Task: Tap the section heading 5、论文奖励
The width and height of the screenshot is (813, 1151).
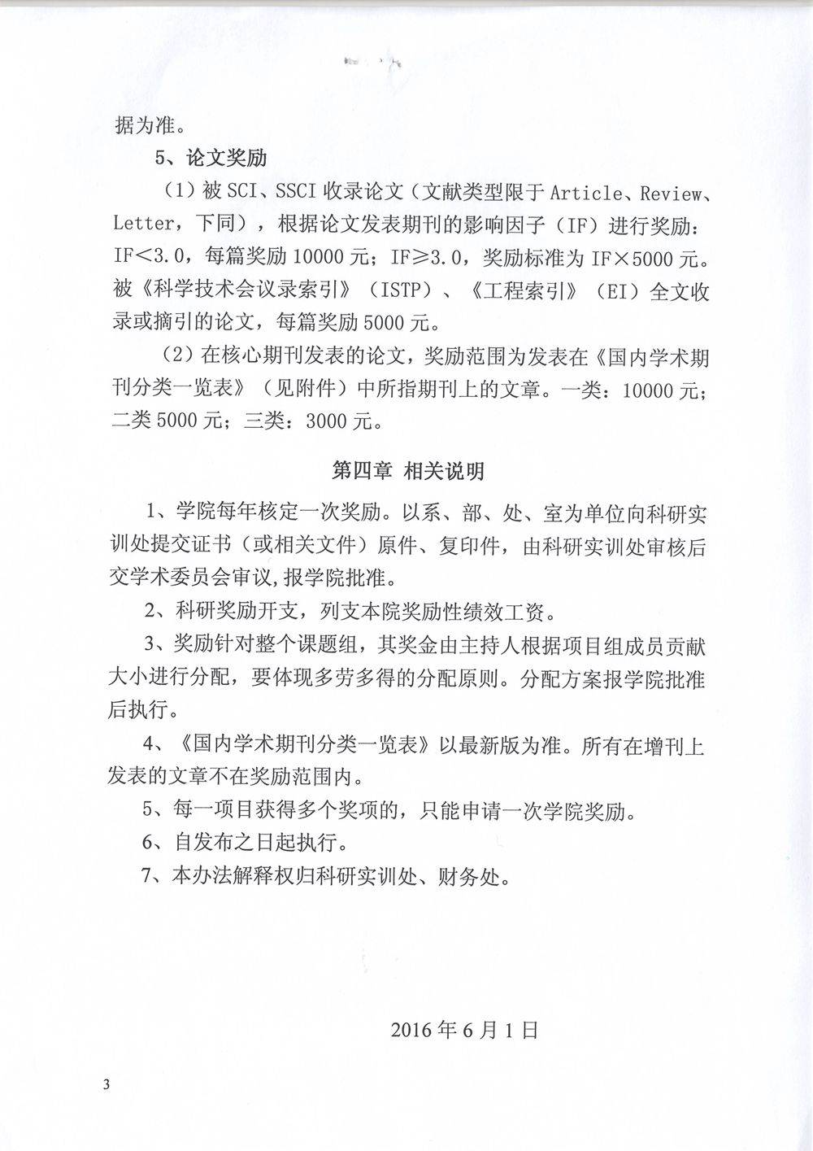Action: [212, 156]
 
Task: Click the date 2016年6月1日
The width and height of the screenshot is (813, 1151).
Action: [464, 1030]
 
